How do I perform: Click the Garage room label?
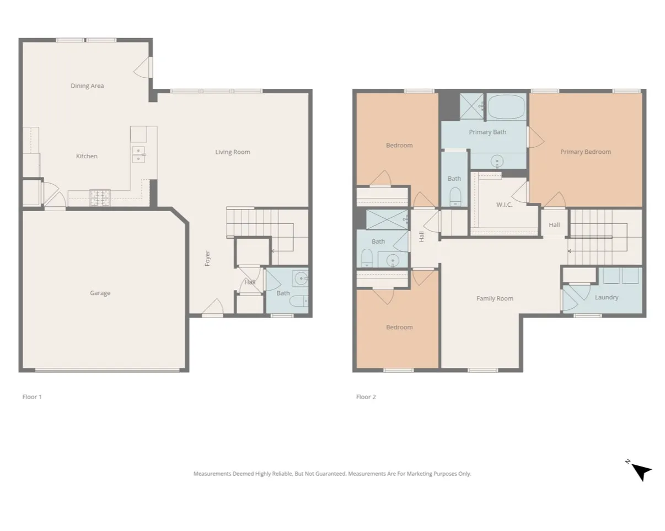pyautogui.click(x=100, y=293)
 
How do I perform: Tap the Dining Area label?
pyautogui.click(x=87, y=85)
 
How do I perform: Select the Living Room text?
pyautogui.click(x=232, y=152)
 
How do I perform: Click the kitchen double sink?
pyautogui.click(x=138, y=155)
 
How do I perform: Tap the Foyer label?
pyautogui.click(x=208, y=258)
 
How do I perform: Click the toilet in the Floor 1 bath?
pyautogui.click(x=298, y=301)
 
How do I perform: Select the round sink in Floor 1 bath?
pyautogui.click(x=301, y=278)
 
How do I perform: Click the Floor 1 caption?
pyautogui.click(x=32, y=396)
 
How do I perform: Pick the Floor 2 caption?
pyautogui.click(x=366, y=396)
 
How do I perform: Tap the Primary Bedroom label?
pyautogui.click(x=586, y=152)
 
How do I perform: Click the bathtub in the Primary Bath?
pyautogui.click(x=506, y=106)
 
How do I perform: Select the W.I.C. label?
pyautogui.click(x=504, y=205)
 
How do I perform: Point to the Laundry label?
pyautogui.click(x=607, y=297)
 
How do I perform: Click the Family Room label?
pyautogui.click(x=495, y=298)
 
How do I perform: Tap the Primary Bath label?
pyautogui.click(x=487, y=132)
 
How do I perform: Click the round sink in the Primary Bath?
pyautogui.click(x=497, y=162)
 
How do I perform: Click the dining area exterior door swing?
pyautogui.click(x=143, y=68)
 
